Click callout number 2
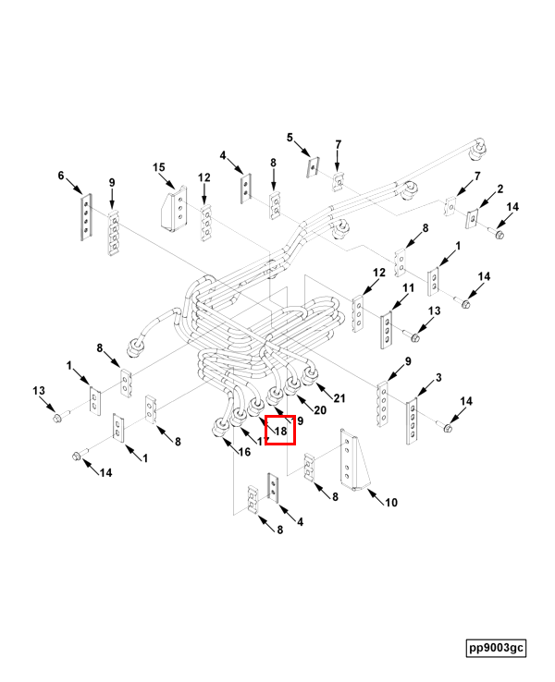point(499,189)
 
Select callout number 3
point(438,377)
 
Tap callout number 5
point(290,138)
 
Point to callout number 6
point(62,175)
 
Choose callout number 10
point(391,503)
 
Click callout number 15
point(159,167)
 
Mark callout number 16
point(244,452)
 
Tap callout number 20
point(321,409)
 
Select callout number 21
point(339,398)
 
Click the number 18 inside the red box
point(281,431)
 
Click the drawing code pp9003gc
point(496,648)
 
